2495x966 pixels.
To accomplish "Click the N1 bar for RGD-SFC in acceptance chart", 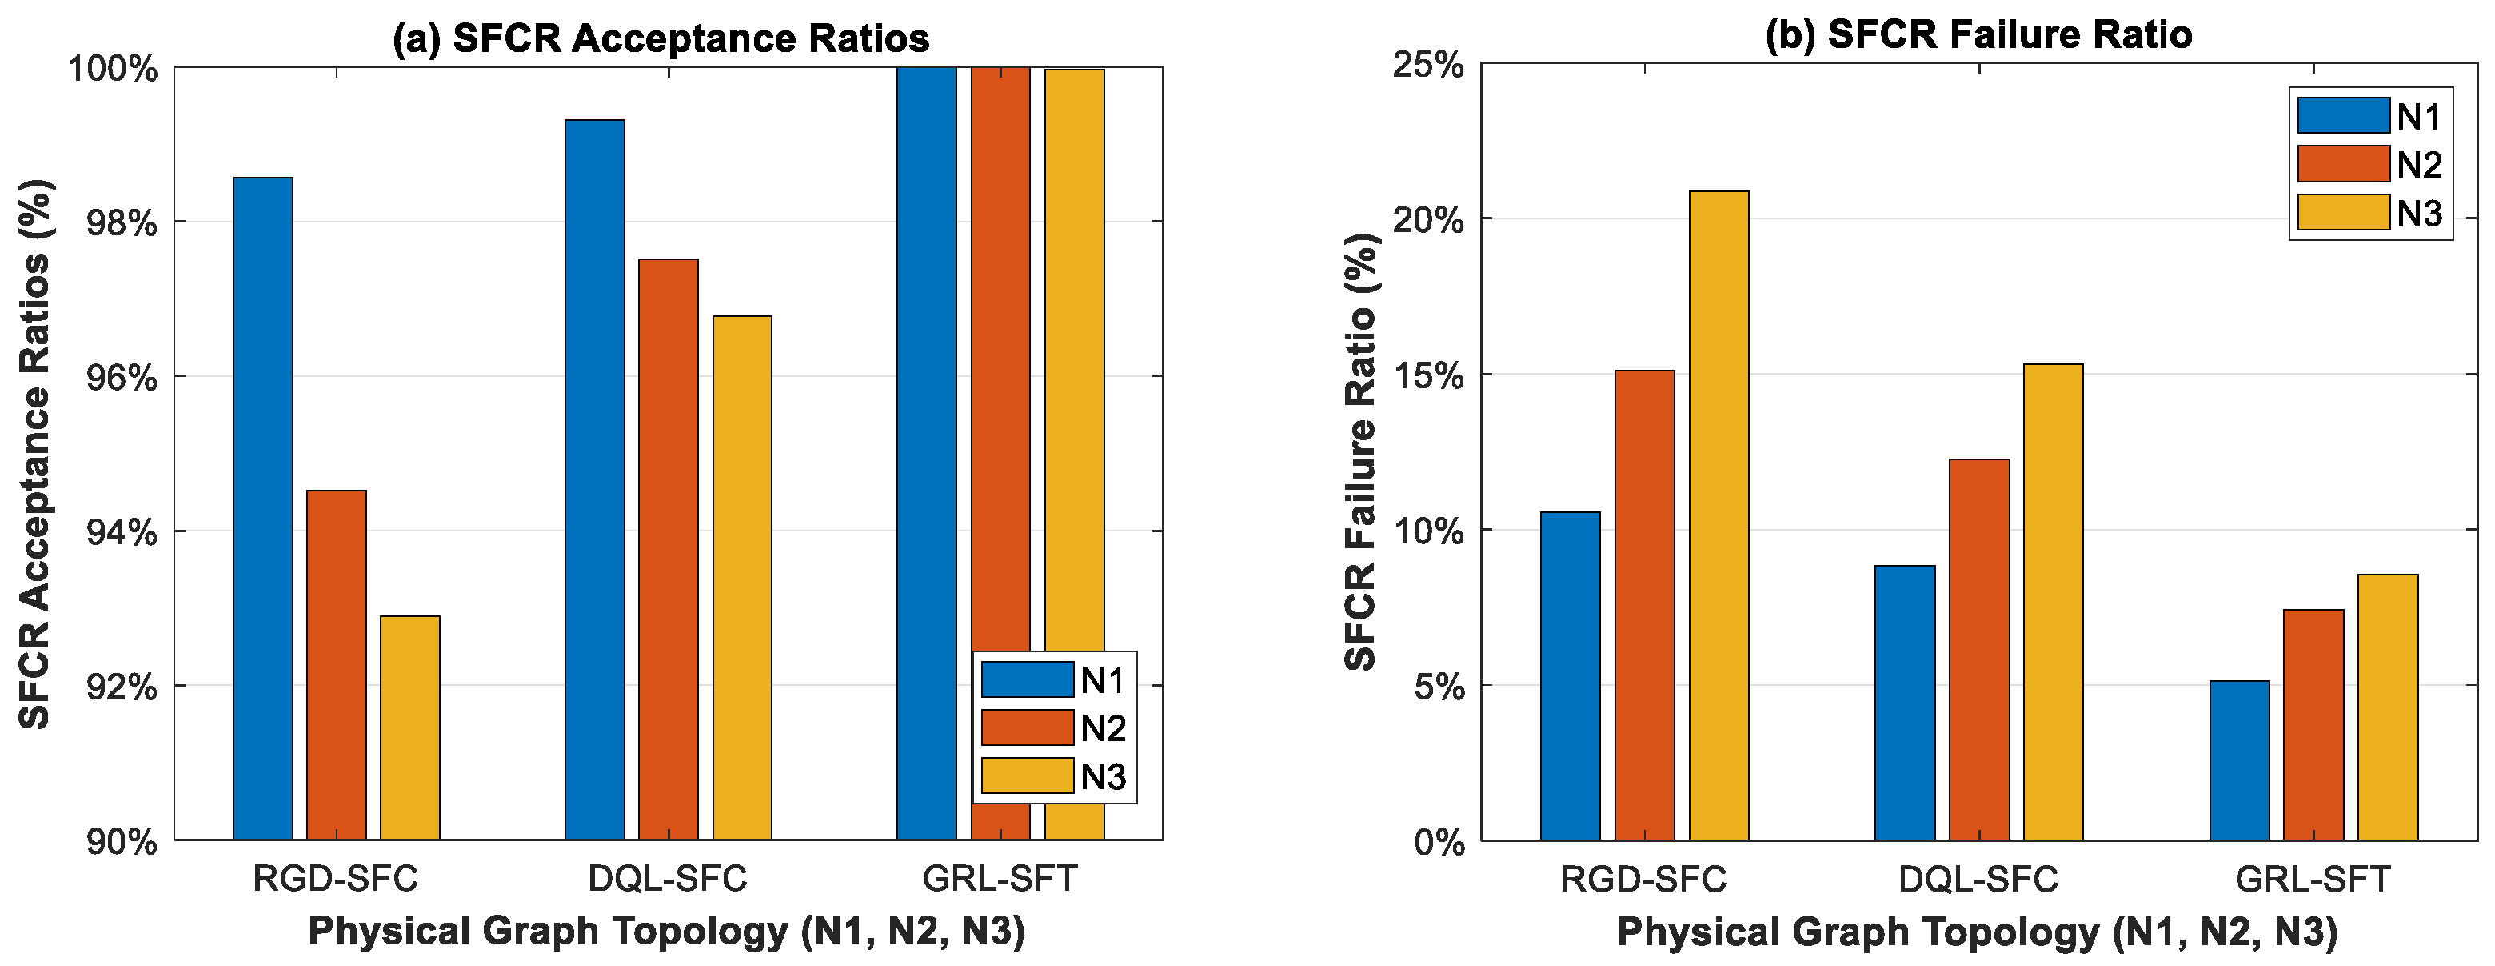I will (x=262, y=509).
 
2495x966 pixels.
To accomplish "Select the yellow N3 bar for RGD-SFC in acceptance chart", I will (x=409, y=728).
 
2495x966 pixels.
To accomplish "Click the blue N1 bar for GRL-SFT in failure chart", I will (x=2239, y=760).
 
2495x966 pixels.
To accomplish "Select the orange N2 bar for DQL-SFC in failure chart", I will (x=1978, y=649).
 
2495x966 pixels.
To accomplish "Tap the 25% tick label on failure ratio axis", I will (x=1427, y=65).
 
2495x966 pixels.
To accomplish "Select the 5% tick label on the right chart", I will (x=1439, y=687).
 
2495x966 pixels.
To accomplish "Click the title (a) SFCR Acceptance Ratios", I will (x=661, y=38).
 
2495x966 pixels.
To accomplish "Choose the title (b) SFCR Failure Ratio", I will (x=1978, y=35).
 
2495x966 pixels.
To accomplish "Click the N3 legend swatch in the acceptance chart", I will (x=1027, y=776).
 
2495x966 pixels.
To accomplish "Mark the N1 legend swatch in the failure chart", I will (x=2343, y=116).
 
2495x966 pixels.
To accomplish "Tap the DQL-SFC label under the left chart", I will (x=668, y=879).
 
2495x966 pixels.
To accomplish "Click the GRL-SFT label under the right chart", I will (x=2312, y=879).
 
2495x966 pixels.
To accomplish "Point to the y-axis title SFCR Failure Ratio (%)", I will (x=1361, y=452).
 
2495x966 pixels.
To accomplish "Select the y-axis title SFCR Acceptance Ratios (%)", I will (x=35, y=454).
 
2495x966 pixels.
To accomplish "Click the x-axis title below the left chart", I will (x=666, y=931).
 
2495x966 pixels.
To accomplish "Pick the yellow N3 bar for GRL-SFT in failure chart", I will (x=2388, y=707).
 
